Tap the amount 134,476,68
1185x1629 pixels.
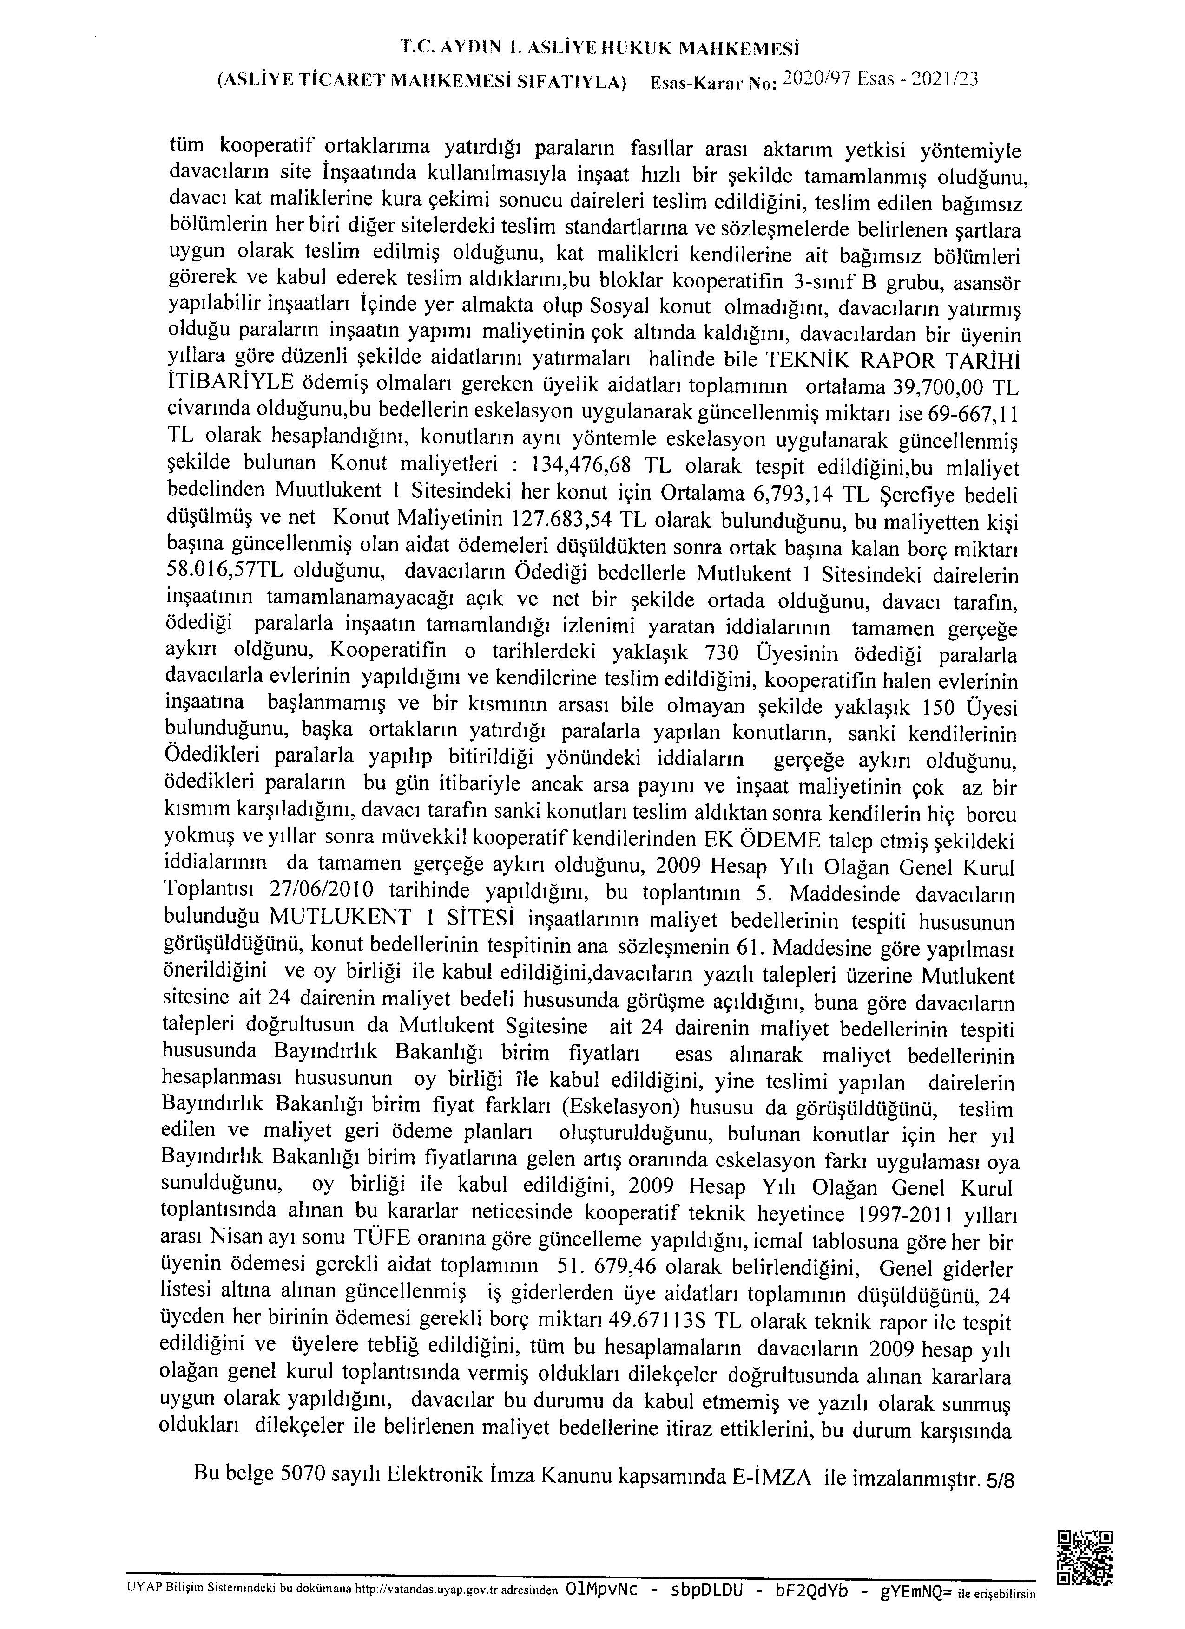(x=580, y=465)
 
